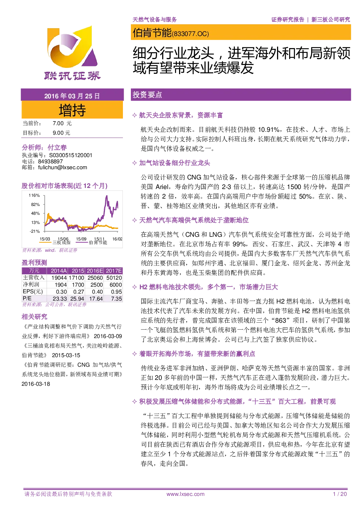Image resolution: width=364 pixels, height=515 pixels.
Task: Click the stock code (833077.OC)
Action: point(190,34)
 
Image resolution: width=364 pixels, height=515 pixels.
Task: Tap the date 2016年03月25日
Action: point(72,96)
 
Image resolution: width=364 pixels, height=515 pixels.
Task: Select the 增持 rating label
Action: point(72,110)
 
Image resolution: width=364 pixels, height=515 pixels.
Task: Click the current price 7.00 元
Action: point(62,123)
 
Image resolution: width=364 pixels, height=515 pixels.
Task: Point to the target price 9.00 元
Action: point(61,133)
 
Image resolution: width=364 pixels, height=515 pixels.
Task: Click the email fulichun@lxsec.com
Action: point(62,167)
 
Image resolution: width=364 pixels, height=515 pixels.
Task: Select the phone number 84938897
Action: point(50,162)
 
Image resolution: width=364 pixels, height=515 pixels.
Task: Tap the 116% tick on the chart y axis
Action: point(34,195)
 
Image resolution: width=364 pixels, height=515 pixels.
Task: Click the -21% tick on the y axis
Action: point(35,231)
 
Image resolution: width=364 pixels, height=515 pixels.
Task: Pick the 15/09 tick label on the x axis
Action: point(81,239)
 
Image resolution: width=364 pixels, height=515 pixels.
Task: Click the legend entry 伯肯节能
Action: point(98,242)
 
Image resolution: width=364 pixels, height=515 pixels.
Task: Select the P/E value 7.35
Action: point(116,299)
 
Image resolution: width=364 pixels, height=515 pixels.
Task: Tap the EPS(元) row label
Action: point(33,291)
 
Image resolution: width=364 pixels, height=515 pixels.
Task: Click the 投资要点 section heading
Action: point(147,95)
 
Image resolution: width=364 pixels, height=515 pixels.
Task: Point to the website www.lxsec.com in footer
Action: point(185,494)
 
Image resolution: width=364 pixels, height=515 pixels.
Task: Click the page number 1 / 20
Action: point(340,494)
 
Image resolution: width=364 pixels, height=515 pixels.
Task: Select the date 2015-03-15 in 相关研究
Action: point(66,355)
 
